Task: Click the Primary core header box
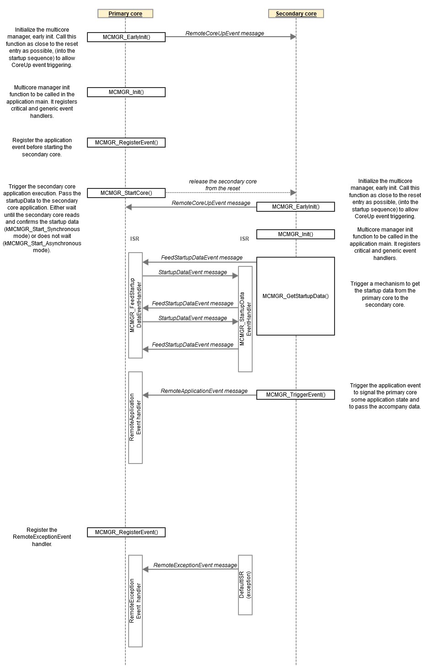pyautogui.click(x=125, y=14)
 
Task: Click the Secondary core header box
pyautogui.click(x=296, y=14)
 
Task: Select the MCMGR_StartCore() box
pyautogui.click(x=126, y=193)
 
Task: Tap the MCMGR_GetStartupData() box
pyautogui.click(x=296, y=296)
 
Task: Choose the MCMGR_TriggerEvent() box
pyautogui.click(x=296, y=395)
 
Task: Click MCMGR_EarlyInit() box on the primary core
pyautogui.click(x=126, y=37)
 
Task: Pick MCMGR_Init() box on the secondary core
pyautogui.click(x=296, y=234)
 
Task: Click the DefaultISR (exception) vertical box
pyautogui.click(x=245, y=585)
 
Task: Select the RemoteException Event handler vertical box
pyautogui.click(x=135, y=601)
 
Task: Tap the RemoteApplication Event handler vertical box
pyautogui.click(x=135, y=417)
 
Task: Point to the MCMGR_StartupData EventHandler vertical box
pyautogui.click(x=245, y=319)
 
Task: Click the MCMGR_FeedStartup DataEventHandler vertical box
pyautogui.click(x=135, y=305)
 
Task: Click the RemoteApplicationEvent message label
pyautogui.click(x=204, y=391)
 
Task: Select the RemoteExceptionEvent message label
pyautogui.click(x=195, y=565)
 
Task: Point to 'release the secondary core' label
pyautogui.click(x=223, y=182)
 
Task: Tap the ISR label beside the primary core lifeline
pyautogui.click(x=135, y=239)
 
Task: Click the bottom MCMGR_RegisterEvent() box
pyautogui.click(x=126, y=532)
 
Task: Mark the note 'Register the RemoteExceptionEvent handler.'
pyautogui.click(x=42, y=537)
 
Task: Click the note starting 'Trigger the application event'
pyautogui.click(x=385, y=396)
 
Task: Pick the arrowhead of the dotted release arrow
pyautogui.click(x=293, y=193)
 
